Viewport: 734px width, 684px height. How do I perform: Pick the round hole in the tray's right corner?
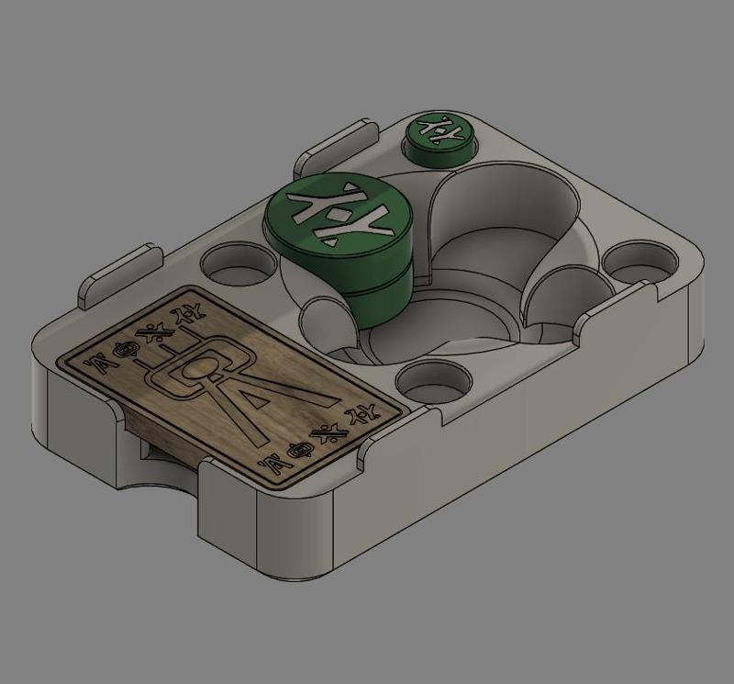click(639, 260)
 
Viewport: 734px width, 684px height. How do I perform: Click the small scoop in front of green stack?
click(321, 321)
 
